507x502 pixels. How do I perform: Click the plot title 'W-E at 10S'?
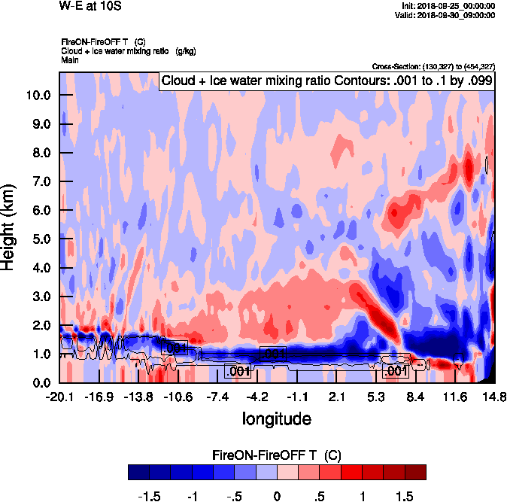(x=90, y=7)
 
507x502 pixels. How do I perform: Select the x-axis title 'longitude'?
(x=277, y=418)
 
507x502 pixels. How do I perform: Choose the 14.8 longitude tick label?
(x=494, y=397)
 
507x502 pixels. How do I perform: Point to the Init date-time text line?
(x=448, y=6)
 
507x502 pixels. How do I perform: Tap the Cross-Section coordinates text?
(x=433, y=66)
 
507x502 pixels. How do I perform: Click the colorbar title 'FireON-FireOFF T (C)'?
(x=278, y=455)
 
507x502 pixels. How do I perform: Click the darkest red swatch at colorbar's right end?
(x=415, y=472)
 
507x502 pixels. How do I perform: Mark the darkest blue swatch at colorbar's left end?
(x=139, y=472)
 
